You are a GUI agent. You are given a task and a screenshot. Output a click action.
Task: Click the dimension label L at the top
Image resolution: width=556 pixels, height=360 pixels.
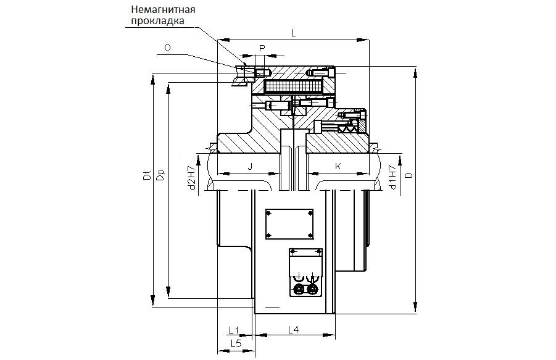coord(293,33)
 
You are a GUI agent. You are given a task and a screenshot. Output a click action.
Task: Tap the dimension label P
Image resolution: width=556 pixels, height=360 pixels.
coord(262,48)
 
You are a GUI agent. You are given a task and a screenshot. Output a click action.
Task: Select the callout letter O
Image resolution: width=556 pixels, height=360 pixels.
coord(167,48)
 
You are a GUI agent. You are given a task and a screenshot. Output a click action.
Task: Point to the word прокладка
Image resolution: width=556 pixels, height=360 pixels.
coord(158,21)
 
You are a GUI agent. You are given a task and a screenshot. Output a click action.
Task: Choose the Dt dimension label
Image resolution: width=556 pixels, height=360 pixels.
coord(147,174)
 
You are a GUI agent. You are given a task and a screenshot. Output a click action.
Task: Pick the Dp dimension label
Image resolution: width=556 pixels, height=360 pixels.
coord(160,174)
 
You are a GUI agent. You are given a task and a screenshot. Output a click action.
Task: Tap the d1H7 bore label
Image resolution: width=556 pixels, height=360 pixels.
coord(392,177)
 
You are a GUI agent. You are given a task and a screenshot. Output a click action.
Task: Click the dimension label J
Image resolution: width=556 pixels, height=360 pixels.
coord(250,167)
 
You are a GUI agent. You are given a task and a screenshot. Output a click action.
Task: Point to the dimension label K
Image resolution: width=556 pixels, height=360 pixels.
coord(338,166)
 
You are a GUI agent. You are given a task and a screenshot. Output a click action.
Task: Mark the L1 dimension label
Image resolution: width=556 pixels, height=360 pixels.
coord(234,331)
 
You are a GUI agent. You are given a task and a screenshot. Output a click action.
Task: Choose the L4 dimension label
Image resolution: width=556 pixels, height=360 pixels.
coord(293,330)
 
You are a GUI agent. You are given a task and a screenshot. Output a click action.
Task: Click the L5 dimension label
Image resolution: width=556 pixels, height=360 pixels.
coord(236,343)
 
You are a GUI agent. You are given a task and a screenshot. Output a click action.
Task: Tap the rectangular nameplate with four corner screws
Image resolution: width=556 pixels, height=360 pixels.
coord(289,224)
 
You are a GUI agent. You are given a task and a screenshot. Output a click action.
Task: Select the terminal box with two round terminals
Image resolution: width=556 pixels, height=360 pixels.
coord(305,272)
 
